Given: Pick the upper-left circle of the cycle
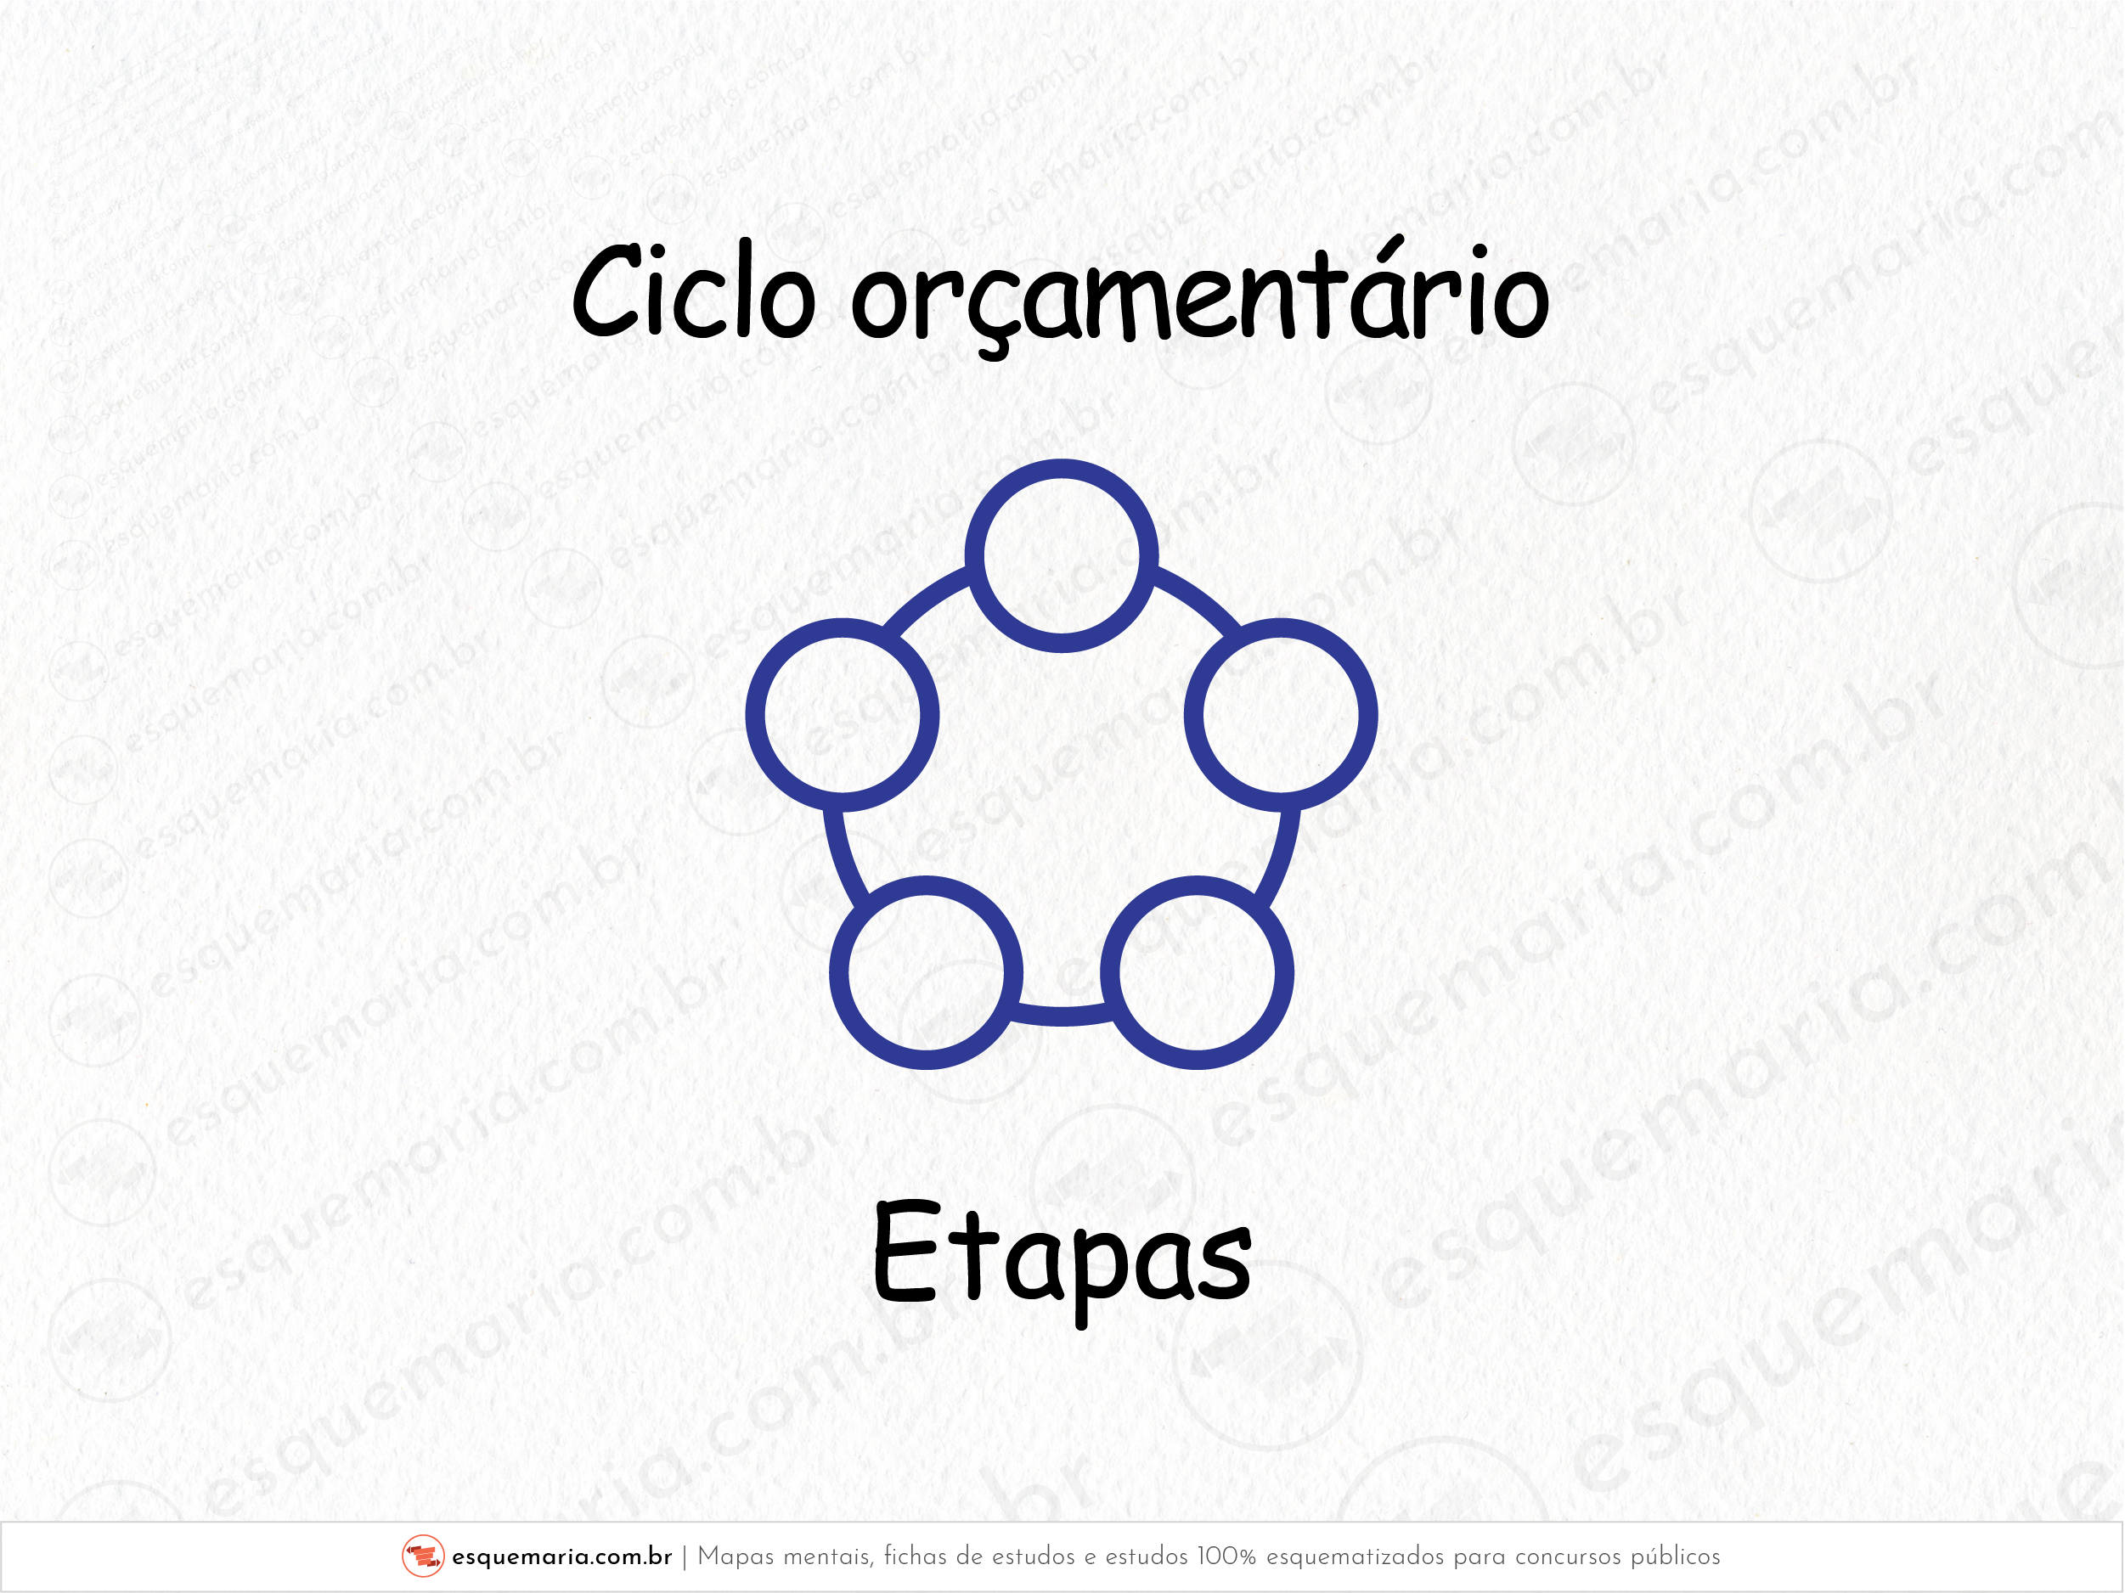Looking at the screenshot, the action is (x=843, y=628).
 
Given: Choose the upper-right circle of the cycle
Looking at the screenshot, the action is (x=1281, y=628).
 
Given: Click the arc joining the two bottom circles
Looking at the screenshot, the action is (x=1062, y=1016).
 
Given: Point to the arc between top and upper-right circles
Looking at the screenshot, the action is (x=1200, y=600).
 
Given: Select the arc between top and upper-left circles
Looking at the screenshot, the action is (x=924, y=600).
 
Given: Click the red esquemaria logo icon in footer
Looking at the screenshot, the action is (x=423, y=1556).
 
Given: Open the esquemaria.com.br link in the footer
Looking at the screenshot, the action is (x=561, y=1557).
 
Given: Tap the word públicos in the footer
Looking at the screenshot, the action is (x=1676, y=1557).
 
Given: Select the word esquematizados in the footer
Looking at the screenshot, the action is (x=1355, y=1557).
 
